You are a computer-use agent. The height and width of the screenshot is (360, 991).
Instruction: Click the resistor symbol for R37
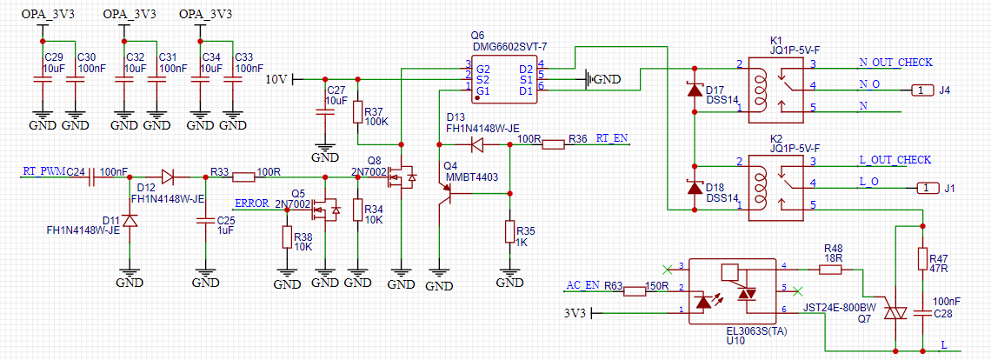coord(357,113)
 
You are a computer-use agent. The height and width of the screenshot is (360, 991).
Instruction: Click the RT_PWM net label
coord(43,171)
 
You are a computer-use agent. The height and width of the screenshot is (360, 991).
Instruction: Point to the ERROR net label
coord(251,203)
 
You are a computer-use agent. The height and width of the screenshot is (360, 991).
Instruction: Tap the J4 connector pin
coord(921,90)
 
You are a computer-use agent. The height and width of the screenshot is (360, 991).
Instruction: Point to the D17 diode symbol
coord(695,90)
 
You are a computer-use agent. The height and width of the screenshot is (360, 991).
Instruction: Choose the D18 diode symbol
coord(695,188)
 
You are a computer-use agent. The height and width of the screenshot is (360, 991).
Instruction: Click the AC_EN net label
coord(582,284)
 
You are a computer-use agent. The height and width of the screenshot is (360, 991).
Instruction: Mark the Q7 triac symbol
coord(895,312)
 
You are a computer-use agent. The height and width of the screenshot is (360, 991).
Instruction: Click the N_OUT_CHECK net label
coord(895,62)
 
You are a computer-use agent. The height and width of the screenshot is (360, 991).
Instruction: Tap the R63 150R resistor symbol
coord(635,290)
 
